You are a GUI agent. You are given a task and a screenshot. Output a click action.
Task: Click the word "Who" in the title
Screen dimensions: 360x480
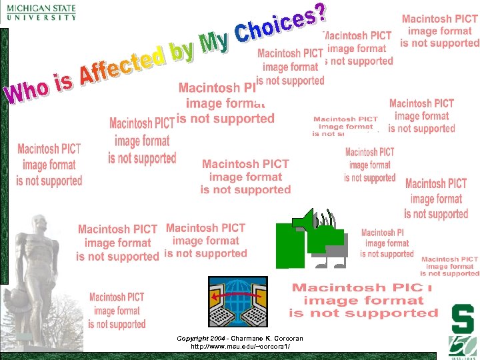click(x=27, y=92)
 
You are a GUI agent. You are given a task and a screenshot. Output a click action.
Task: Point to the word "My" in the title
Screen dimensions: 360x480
click(x=215, y=40)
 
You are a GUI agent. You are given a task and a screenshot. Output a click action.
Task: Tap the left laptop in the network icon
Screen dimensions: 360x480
click(x=223, y=310)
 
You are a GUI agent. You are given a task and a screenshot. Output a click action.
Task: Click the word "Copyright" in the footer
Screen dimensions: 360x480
click(x=192, y=339)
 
